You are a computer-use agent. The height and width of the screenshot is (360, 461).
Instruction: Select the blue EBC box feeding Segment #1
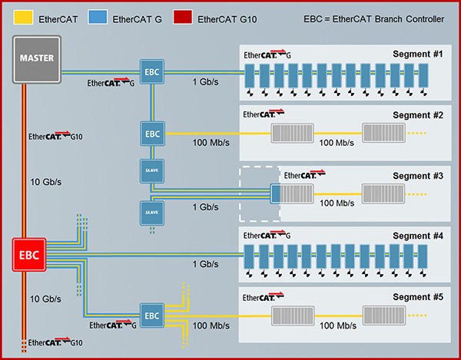(151, 73)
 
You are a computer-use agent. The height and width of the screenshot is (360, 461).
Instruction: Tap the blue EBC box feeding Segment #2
(151, 134)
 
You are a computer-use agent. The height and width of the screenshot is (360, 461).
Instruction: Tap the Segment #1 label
(418, 54)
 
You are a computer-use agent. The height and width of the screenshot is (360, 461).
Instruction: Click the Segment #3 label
(418, 176)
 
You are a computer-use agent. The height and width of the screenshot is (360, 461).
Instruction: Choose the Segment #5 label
(418, 296)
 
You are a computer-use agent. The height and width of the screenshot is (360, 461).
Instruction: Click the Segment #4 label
(418, 236)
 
